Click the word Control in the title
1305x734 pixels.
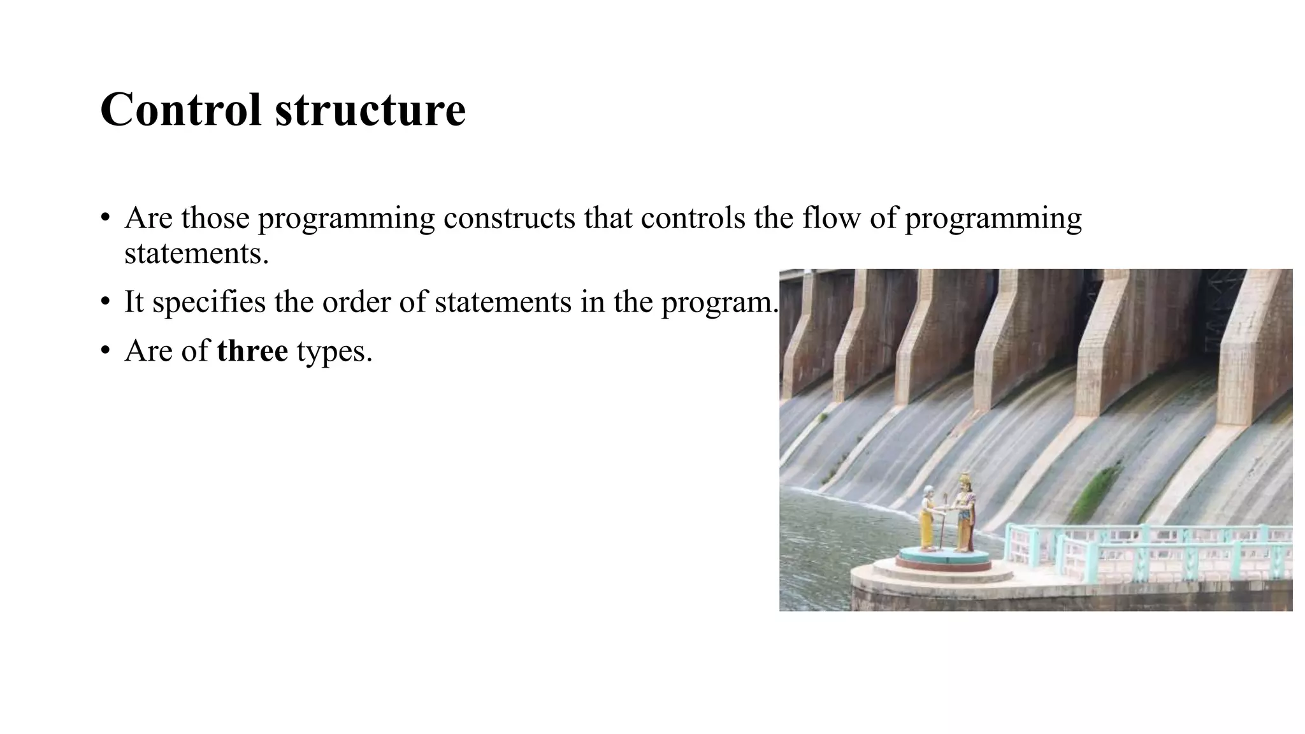[x=180, y=110]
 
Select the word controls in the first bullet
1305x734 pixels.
[x=693, y=218]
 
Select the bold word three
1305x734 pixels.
[x=252, y=351]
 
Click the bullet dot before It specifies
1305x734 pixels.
[x=105, y=302]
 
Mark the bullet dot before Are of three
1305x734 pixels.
[x=105, y=351]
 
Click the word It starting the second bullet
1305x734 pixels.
[x=134, y=302]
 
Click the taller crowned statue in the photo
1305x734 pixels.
[x=965, y=513]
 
